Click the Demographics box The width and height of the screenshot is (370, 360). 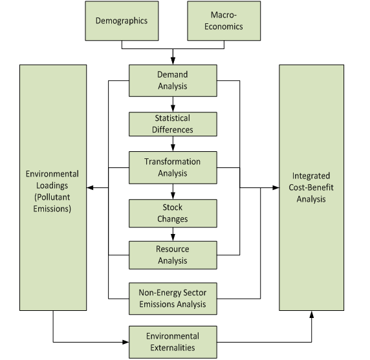122,21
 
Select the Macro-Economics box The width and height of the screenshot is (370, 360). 224,21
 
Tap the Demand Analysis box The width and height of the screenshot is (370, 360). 173,80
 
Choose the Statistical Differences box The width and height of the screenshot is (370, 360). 173,124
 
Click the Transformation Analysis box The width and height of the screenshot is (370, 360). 173,167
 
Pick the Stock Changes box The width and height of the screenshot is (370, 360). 173,213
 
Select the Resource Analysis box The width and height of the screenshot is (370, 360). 173,255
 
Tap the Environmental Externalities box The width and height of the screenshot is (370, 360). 173,342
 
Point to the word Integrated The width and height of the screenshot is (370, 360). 311,176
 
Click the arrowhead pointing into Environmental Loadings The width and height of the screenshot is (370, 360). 91,187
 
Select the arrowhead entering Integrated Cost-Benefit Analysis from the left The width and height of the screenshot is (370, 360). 275,188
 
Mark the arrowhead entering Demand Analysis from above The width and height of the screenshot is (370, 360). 173,60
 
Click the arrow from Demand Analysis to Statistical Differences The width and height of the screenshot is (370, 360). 173,104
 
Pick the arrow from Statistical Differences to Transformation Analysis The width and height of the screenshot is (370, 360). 173,146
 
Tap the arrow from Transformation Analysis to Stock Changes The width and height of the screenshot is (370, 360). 173,192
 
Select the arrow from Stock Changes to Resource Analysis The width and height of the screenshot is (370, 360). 173,235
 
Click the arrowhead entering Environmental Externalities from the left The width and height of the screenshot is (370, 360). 125,342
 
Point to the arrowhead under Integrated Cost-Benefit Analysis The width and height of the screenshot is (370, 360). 312,314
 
